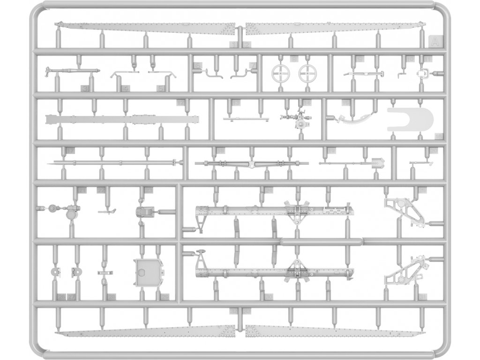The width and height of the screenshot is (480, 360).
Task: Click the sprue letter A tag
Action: pyautogui.click(x=435, y=43)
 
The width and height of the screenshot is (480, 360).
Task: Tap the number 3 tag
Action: pyautogui.click(x=85, y=88)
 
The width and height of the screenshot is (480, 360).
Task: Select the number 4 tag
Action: pyautogui.click(x=125, y=88)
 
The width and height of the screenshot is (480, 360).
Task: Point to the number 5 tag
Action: pyautogui.click(x=161, y=88)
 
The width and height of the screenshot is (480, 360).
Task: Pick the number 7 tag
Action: pyautogui.click(x=253, y=66)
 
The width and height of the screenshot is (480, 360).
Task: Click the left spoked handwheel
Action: pyautogui.click(x=280, y=73)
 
